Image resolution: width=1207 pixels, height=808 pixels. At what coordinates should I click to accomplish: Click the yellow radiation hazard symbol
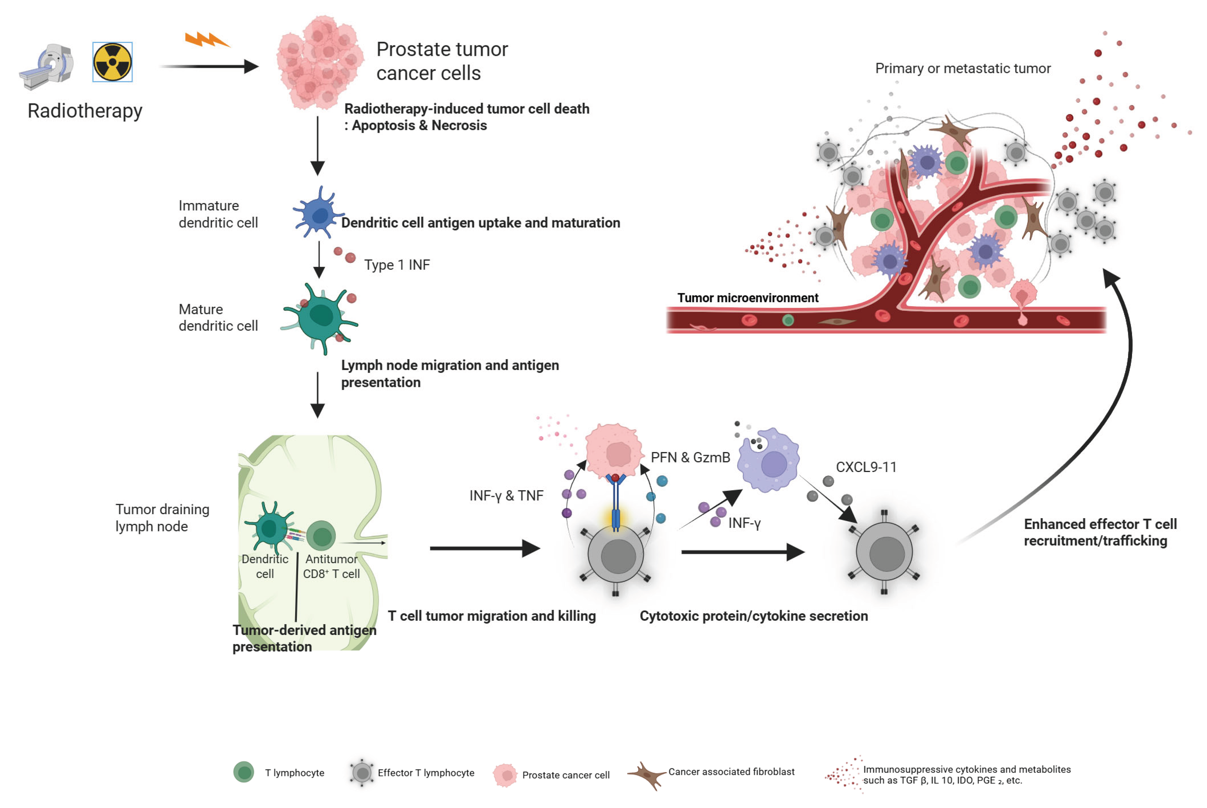pyautogui.click(x=112, y=62)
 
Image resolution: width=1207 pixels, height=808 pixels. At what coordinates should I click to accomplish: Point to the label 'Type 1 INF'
pyautogui.click(x=397, y=265)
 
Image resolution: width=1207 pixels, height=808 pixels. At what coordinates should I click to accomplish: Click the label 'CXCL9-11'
pyautogui.click(x=866, y=467)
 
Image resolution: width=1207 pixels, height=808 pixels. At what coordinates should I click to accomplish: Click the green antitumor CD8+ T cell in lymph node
pyautogui.click(x=322, y=535)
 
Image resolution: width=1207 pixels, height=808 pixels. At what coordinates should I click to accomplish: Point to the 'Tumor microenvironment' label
pyautogui.click(x=747, y=298)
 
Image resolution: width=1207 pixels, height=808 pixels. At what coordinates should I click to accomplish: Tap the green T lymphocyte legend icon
pyautogui.click(x=244, y=772)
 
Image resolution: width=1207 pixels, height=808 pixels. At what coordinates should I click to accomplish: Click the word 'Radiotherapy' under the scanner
pyautogui.click(x=85, y=111)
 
